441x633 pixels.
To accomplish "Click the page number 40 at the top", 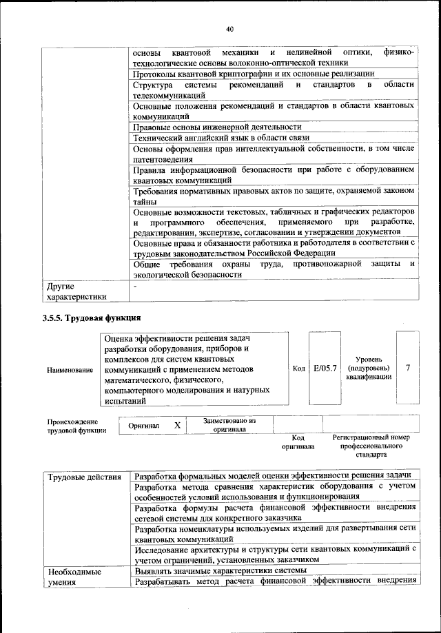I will point(229,28).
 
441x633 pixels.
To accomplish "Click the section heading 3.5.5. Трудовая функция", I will point(92,318).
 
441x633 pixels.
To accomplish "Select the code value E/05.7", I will point(325,369).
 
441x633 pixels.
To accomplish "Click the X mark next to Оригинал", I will point(177,426).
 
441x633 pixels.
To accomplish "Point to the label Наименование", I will point(70,370).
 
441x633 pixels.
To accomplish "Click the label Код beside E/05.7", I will point(299,369).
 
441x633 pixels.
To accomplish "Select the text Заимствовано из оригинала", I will point(229,424).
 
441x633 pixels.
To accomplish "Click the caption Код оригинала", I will point(298,442).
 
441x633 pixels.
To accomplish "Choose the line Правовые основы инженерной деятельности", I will point(217,127).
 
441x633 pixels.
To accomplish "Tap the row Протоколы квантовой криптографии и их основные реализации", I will point(254,74).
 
